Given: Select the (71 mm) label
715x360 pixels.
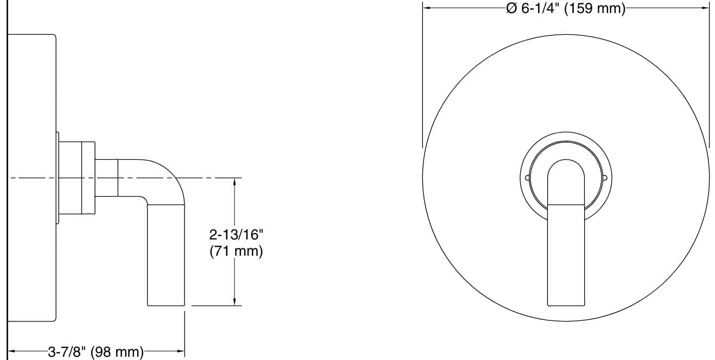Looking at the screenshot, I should [236, 251].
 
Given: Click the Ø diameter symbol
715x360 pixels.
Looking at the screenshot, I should [511, 9].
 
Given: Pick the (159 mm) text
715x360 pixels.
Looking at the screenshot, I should [594, 9].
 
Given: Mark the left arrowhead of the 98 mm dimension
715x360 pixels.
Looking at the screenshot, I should [12, 352].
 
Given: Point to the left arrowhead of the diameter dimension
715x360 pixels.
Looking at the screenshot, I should [427, 9].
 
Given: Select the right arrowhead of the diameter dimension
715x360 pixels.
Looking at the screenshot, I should [705, 9].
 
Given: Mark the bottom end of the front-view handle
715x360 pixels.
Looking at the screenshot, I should [566, 303].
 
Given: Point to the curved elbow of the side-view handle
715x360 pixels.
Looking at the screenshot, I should [171, 174].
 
